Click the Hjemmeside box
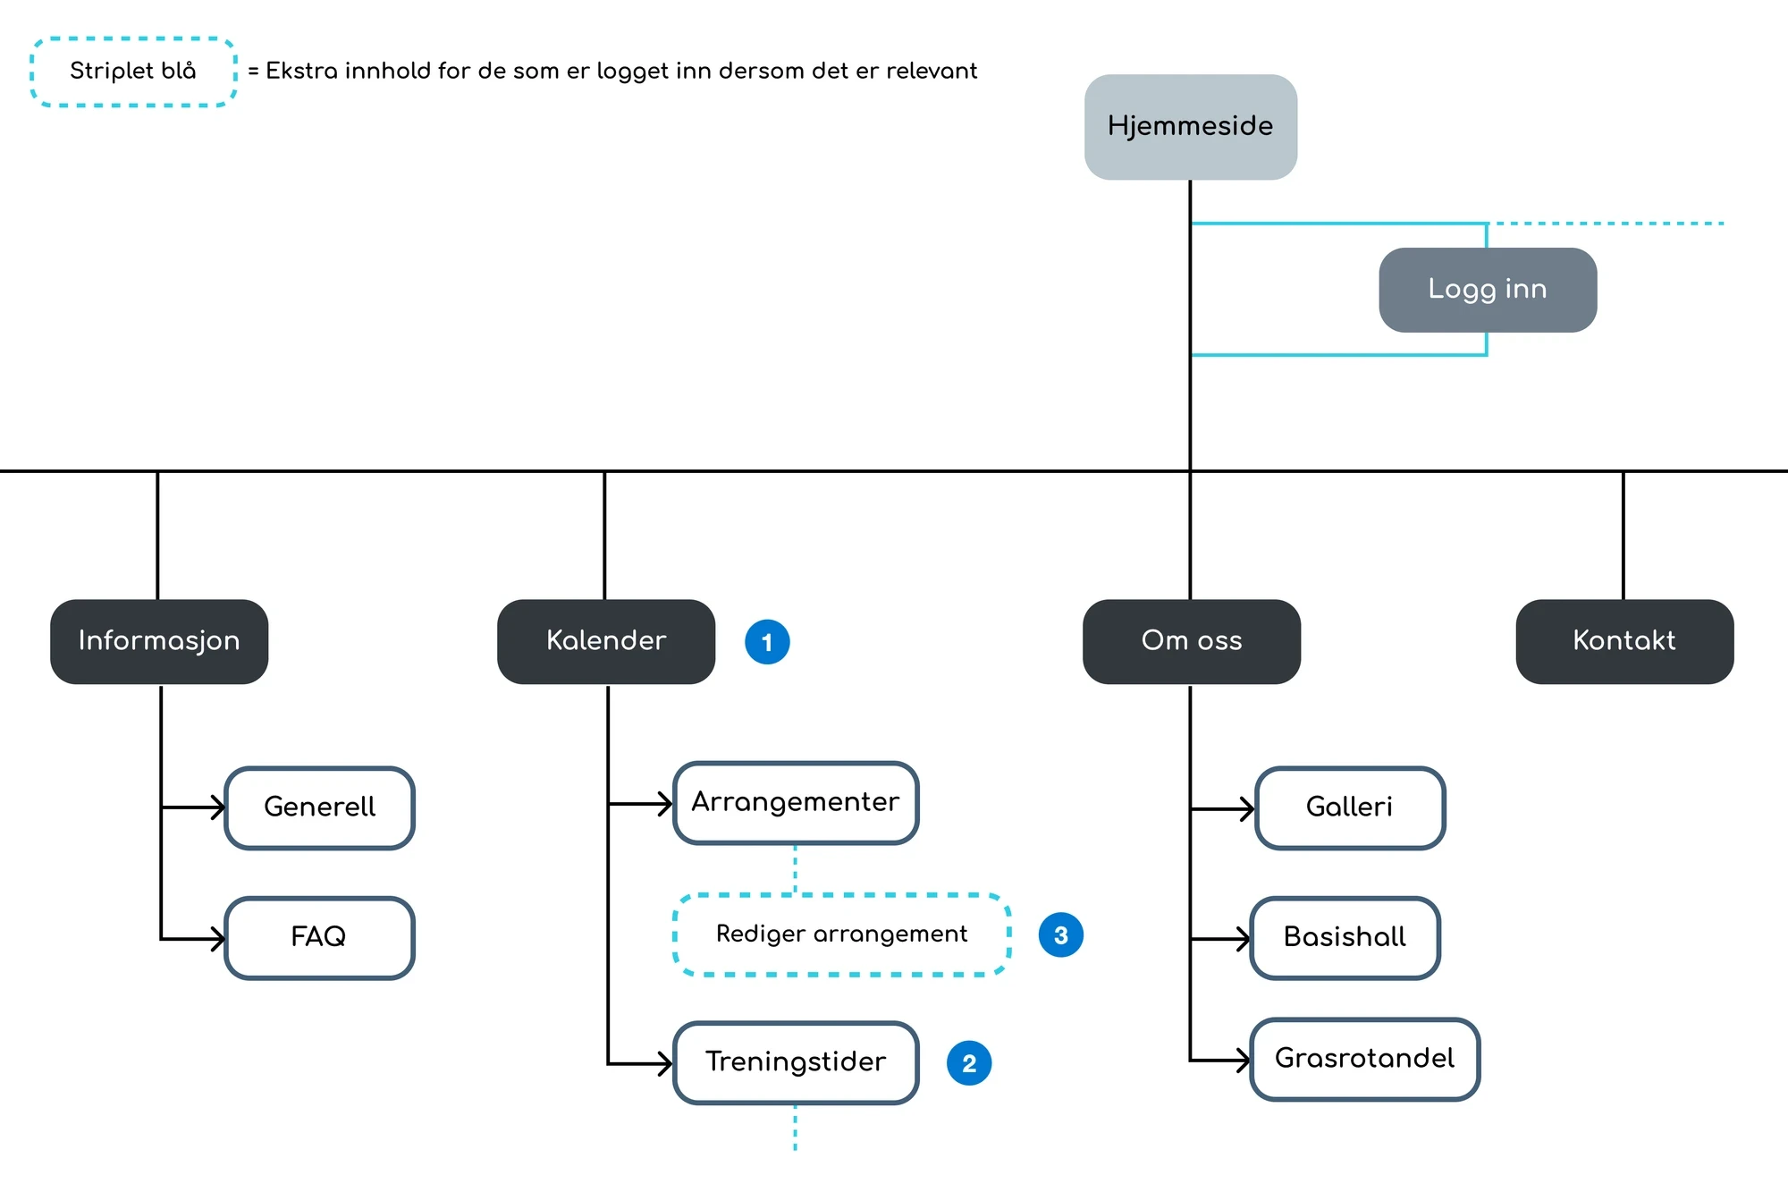[x=1191, y=127]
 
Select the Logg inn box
[x=1488, y=290]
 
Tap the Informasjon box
[x=159, y=641]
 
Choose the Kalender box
[x=606, y=641]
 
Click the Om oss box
[x=1192, y=641]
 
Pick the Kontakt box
[x=1624, y=641]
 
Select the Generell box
[x=319, y=807]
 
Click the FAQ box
[x=319, y=938]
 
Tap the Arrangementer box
[x=796, y=803]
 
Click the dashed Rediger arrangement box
[x=842, y=934]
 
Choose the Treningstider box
[x=796, y=1062]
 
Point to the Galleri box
[x=1350, y=807]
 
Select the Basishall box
[x=1345, y=938]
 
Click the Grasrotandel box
[x=1364, y=1059]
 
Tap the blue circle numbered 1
[x=767, y=642]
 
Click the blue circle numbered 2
[x=969, y=1063]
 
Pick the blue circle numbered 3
[x=1061, y=935]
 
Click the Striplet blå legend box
[x=133, y=72]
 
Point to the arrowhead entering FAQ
[x=218, y=939]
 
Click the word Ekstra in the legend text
[x=302, y=71]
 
